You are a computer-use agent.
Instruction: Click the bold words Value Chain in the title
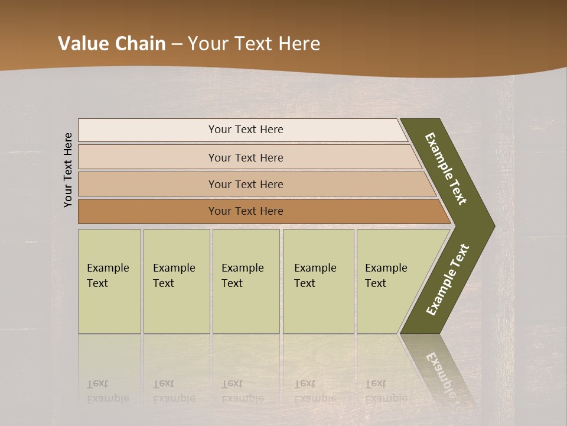[x=112, y=44]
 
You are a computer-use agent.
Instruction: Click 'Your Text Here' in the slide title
[x=254, y=44]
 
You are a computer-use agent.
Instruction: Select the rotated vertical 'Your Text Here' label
[x=68, y=170]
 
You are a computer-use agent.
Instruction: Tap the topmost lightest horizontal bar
[x=245, y=130]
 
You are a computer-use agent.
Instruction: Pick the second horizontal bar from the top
[x=245, y=157]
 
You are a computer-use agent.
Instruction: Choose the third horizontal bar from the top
[x=245, y=184]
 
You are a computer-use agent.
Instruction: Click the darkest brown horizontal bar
[x=245, y=211]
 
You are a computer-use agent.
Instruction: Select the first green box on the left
[x=109, y=281]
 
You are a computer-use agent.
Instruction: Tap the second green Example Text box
[x=176, y=281]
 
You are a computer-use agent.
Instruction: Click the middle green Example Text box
[x=246, y=281]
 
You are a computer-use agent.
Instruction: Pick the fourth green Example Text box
[x=318, y=281]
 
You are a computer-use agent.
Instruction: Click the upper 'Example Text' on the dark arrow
[x=446, y=169]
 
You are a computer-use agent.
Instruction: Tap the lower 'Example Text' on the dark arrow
[x=448, y=279]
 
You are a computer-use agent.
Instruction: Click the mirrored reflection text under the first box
[x=107, y=391]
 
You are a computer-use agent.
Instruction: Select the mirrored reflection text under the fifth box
[x=386, y=391]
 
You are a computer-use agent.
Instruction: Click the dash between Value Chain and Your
[x=177, y=44]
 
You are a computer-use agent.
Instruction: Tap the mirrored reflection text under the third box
[x=242, y=391]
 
